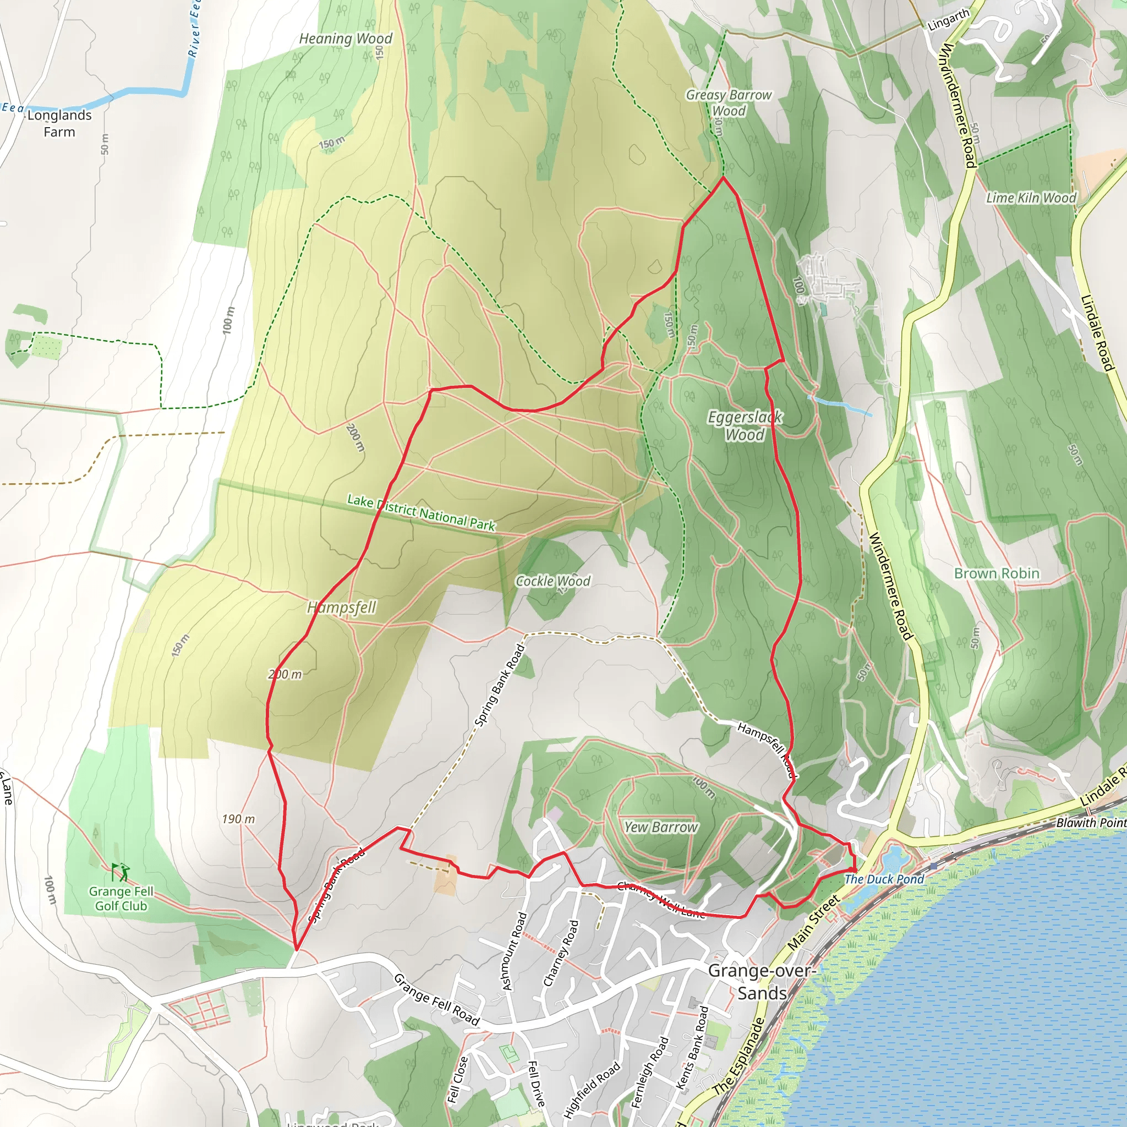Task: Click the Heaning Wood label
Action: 346,39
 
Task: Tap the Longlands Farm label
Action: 59,123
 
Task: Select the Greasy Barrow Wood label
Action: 729,103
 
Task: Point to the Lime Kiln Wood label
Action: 1031,198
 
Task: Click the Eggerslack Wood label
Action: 745,426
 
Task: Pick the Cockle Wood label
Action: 553,581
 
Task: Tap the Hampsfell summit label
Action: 342,608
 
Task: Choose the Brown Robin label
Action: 997,573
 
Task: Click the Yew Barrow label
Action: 661,827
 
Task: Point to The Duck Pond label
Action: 884,879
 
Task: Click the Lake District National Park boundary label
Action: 421,513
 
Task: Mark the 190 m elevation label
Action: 238,819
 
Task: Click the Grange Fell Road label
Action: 436,999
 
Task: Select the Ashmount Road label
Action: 515,951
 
